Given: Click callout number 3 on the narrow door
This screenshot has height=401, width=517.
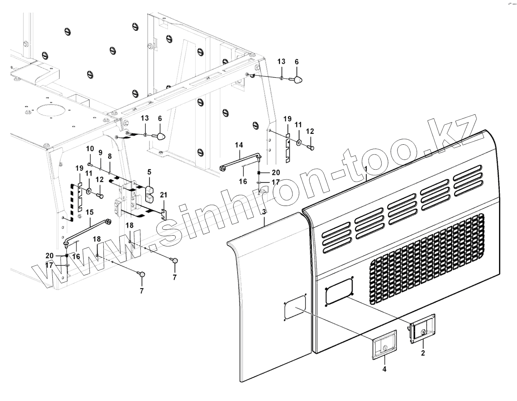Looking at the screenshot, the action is click(x=264, y=212).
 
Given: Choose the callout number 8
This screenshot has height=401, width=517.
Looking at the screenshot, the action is click(x=110, y=156).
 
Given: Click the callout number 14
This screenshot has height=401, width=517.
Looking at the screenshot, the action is click(x=239, y=145).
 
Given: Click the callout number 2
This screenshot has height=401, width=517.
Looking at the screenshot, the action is click(x=423, y=353).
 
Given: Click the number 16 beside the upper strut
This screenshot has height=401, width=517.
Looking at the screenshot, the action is click(x=243, y=181).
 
